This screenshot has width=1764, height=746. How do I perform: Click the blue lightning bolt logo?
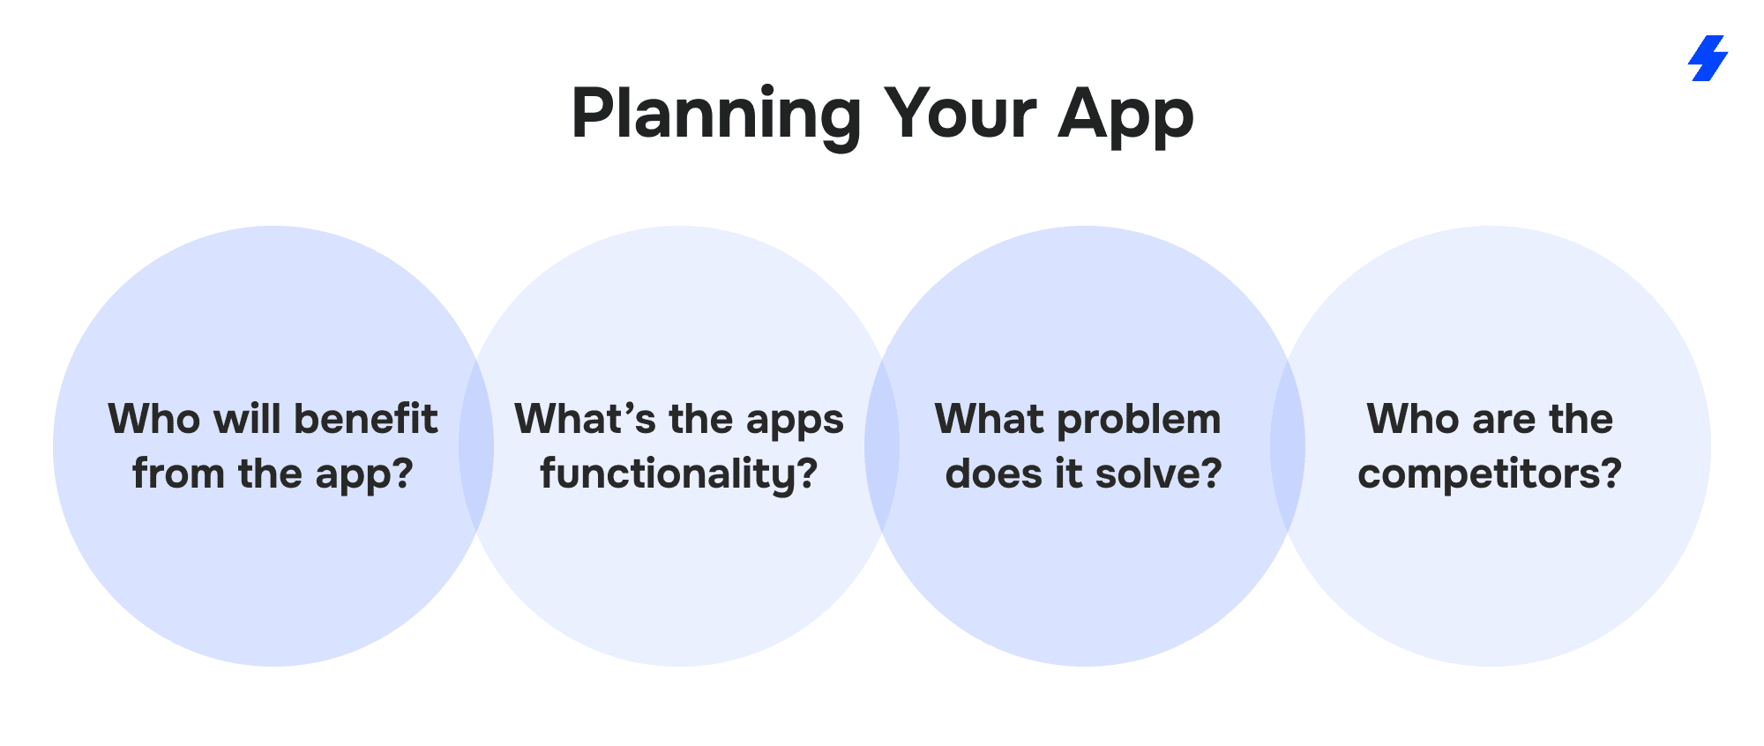[x=1708, y=58]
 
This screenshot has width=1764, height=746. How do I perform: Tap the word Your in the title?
[x=960, y=114]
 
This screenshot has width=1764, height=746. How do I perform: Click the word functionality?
[x=679, y=475]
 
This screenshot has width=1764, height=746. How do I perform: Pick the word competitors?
[x=1490, y=475]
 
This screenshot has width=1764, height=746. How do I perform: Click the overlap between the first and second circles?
[x=476, y=446]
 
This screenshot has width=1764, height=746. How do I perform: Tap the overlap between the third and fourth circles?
[x=1288, y=446]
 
